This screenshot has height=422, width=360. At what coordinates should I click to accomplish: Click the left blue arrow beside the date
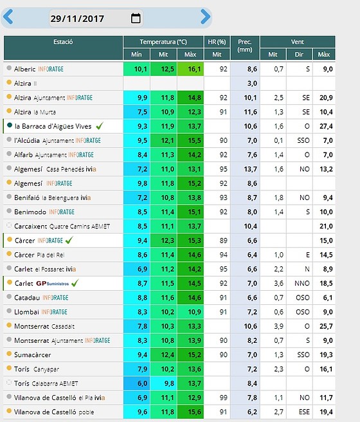tap(8, 17)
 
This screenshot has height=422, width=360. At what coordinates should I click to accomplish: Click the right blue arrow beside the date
tap(206, 17)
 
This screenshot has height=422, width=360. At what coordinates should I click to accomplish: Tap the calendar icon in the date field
tap(136, 18)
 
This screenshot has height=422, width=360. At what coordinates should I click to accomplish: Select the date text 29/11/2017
tap(77, 19)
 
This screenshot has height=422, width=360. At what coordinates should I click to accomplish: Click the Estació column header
tap(63, 42)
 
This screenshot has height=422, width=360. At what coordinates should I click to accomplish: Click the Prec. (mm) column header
tap(245, 46)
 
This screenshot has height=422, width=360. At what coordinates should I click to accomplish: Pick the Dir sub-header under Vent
tap(299, 55)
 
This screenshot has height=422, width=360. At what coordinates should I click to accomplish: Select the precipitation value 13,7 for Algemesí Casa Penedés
tap(250, 169)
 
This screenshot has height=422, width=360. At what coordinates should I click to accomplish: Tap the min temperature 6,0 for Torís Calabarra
tap(142, 383)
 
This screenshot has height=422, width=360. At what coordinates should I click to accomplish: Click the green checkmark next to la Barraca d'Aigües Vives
tap(100, 125)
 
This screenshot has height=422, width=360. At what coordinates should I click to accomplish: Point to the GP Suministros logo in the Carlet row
tap(53, 284)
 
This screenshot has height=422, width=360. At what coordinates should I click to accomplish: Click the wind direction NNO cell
tap(302, 284)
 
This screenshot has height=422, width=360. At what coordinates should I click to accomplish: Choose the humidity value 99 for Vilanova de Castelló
tap(224, 398)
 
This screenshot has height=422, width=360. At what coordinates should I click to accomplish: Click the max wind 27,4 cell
tap(326, 126)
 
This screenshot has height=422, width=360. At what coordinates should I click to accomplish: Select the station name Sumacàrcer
tap(33, 355)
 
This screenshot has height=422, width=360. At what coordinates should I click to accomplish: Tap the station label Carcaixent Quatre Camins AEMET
tap(62, 226)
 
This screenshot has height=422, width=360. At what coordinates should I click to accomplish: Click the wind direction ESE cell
tap(304, 412)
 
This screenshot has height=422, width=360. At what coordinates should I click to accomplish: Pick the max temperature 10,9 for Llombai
tap(194, 312)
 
